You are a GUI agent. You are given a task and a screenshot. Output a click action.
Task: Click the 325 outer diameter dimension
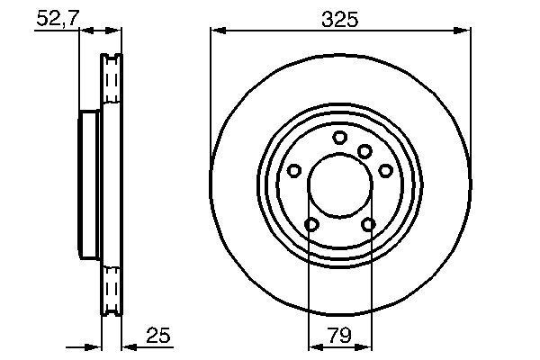coord(339,17)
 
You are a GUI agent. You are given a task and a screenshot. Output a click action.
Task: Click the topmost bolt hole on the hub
coord(339,137)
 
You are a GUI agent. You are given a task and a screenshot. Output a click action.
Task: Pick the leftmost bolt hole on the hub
coord(293,170)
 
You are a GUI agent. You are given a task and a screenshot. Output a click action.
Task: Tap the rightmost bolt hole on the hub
coord(385,170)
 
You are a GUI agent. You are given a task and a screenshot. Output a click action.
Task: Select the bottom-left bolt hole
coord(310,224)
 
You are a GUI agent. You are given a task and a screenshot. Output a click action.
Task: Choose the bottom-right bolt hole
coord(368,224)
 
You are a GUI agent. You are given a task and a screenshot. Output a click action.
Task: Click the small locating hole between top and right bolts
coord(364,151)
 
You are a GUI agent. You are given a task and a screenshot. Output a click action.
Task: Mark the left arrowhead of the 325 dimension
coord(216,31)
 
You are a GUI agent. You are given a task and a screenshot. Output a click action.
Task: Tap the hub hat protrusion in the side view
coord(88,187)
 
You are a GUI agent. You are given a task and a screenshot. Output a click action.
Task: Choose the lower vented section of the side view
coord(110,288)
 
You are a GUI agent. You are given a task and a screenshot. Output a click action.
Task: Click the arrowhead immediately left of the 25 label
coord(126,345)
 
